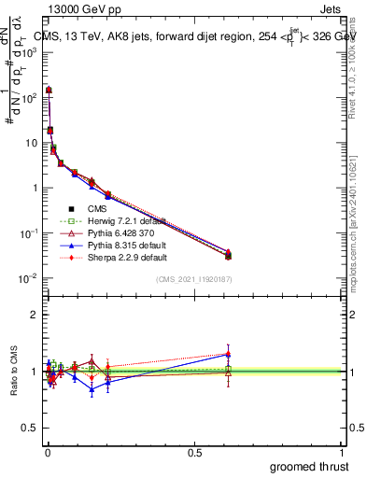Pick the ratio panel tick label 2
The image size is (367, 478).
[x=35, y=315]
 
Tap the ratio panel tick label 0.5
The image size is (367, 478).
[x=31, y=429]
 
